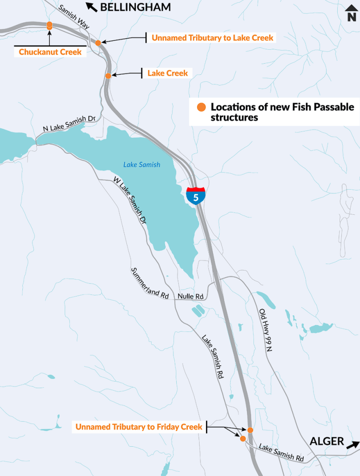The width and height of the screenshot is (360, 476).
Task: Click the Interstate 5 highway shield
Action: [x=196, y=196]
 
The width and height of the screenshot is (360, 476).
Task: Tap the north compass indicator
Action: [x=351, y=13]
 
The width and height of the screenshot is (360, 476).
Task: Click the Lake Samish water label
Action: [x=141, y=165]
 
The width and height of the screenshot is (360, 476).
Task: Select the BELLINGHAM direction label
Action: [x=135, y=7]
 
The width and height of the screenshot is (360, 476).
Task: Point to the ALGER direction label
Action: [x=327, y=441]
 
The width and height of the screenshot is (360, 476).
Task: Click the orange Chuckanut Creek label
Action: [x=50, y=52]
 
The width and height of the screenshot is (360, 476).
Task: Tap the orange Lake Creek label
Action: [x=167, y=73]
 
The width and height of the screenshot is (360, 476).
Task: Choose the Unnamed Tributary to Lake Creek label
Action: [x=213, y=37]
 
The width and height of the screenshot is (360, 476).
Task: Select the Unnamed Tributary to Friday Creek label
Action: [x=139, y=427]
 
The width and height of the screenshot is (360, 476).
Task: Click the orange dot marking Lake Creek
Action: [x=108, y=76]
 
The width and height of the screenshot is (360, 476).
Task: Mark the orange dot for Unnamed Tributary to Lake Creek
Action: [x=98, y=43]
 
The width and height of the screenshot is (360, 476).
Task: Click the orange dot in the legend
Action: [x=201, y=107]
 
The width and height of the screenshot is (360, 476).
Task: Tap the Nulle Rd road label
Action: [x=191, y=296]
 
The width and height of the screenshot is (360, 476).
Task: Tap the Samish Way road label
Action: [x=75, y=18]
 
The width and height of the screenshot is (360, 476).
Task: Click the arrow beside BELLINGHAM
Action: [x=91, y=7]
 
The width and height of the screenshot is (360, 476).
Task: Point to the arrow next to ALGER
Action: [x=353, y=444]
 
